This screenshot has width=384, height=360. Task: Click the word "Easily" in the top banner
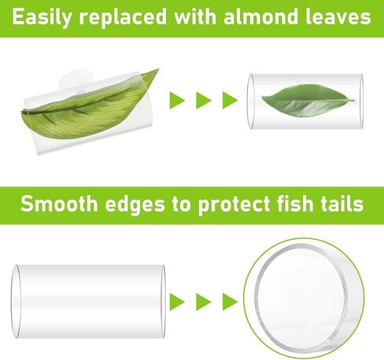(42, 17)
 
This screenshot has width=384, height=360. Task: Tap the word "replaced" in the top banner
(123, 17)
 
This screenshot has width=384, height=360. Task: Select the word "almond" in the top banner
(260, 17)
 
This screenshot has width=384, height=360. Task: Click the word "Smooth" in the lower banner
(59, 204)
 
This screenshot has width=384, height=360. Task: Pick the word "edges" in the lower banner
(135, 205)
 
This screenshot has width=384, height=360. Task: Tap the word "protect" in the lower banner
(234, 205)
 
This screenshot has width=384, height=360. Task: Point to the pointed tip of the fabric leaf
(159, 69)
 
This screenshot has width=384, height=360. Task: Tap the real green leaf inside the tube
(308, 101)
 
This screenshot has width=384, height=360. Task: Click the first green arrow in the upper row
(178, 100)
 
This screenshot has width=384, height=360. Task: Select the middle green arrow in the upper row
(204, 100)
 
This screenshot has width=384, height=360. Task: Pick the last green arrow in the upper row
(230, 100)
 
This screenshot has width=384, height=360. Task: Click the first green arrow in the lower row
(178, 302)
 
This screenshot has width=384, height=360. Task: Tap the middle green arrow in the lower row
(204, 302)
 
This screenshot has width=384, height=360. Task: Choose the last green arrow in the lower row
(230, 302)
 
